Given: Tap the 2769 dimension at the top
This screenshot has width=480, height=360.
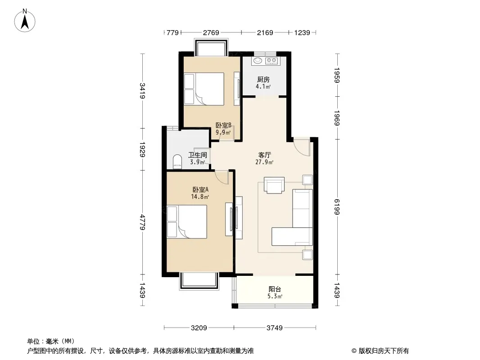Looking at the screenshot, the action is (211, 32).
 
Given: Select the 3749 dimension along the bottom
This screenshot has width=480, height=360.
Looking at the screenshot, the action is (275, 328).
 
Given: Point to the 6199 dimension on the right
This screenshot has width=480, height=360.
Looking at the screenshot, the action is (337, 207).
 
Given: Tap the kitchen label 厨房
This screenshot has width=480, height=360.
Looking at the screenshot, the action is (263, 80).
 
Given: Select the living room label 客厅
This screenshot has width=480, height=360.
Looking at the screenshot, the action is (264, 155).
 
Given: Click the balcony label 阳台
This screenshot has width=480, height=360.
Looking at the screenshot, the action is (275, 289).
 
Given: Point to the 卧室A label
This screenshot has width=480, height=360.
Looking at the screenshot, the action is (200, 189).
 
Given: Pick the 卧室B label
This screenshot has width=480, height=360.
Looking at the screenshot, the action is (223, 126).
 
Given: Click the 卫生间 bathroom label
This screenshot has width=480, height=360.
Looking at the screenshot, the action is (198, 155).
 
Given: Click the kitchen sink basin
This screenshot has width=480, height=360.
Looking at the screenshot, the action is (258, 61).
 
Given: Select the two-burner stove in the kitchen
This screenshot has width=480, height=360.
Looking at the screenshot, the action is (272, 61).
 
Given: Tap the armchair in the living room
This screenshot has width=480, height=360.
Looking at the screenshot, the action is (274, 185).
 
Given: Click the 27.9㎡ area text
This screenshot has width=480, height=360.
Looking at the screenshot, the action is (264, 162).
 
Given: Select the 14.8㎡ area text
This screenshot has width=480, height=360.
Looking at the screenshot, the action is (200, 197).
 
